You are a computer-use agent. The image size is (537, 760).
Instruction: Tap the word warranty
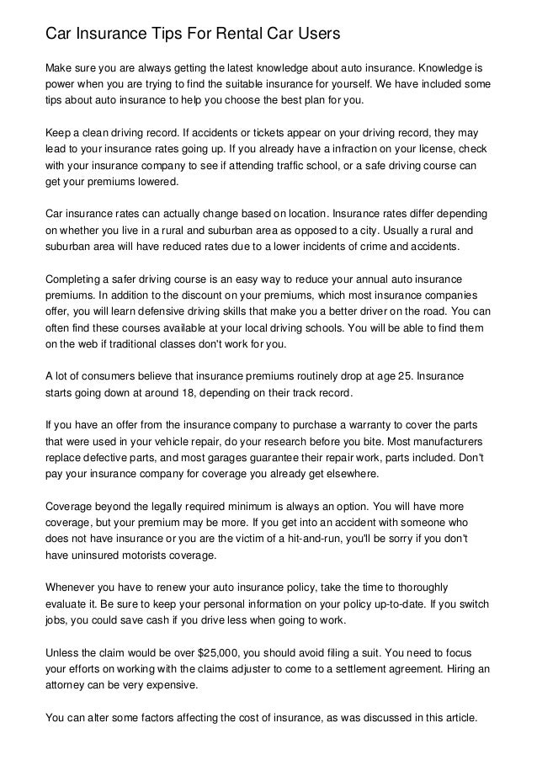(x=351, y=425)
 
